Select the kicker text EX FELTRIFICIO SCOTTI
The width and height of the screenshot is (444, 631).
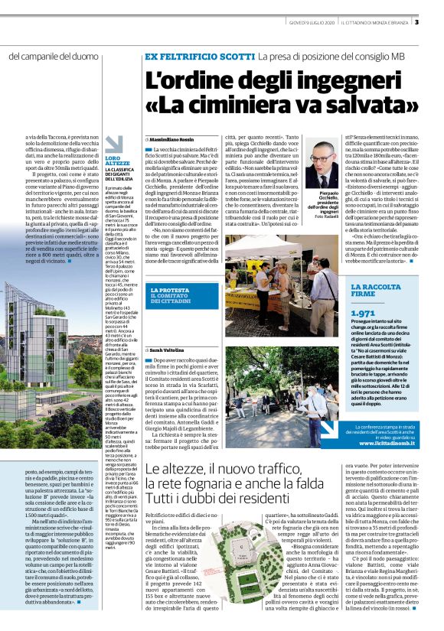[199, 57]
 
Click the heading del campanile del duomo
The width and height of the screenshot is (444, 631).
[54, 57]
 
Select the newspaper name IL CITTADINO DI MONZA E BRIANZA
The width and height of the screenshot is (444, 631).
[377, 22]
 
